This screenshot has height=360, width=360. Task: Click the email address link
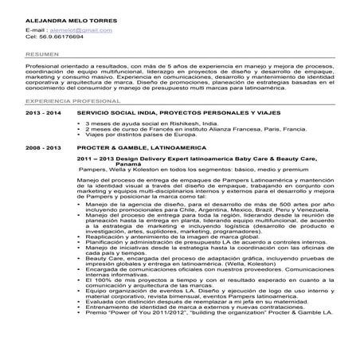83,29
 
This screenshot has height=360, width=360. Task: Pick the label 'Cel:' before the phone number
31,37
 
